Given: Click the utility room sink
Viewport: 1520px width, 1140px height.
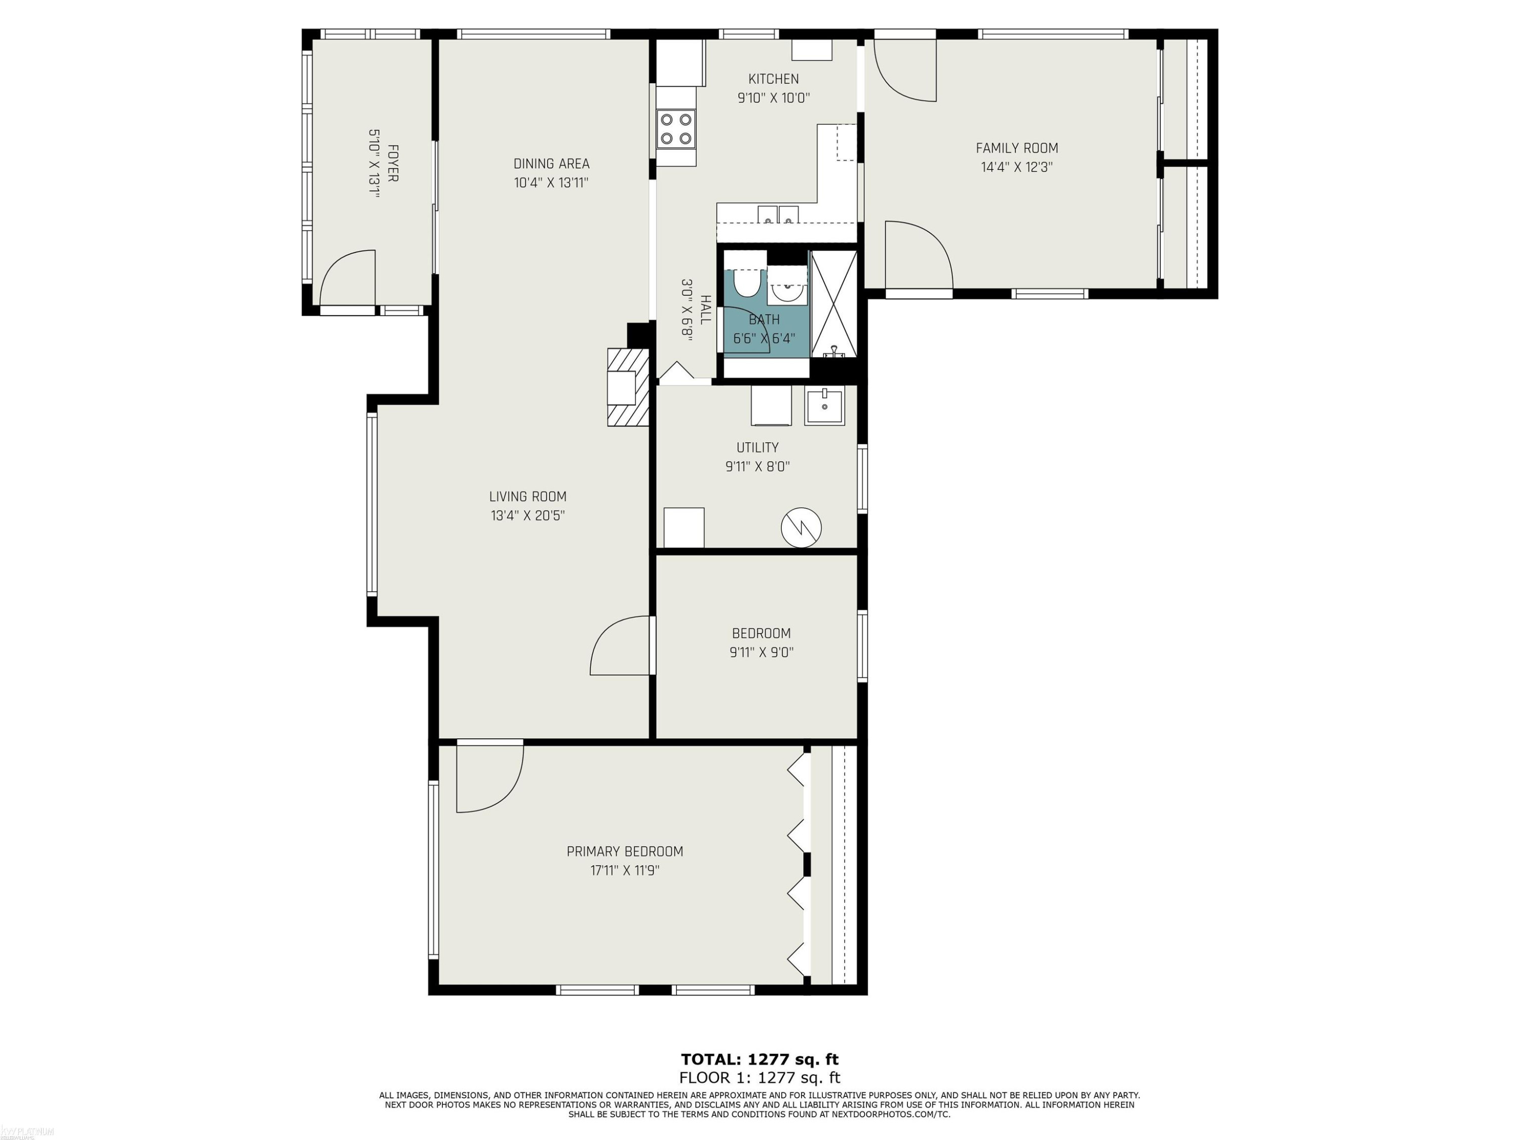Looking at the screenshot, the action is coord(824,406).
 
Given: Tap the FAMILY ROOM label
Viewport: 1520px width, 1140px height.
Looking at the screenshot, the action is coord(1017,148).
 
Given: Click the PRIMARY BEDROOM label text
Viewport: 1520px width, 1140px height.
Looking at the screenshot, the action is coord(625,851).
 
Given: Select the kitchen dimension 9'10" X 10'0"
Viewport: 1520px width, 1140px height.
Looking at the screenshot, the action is coord(774,98).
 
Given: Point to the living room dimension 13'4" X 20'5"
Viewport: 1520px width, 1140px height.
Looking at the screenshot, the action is coord(528,515).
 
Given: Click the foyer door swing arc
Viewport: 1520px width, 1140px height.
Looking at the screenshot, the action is coord(348,278).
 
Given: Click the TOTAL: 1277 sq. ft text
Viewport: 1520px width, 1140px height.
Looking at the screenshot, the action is coord(760,1059).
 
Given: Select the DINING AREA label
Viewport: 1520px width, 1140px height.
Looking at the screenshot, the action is coord(552,164).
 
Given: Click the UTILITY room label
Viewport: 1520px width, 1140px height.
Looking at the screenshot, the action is coord(758,447).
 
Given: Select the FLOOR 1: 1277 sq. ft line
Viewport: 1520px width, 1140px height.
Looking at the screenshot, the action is coord(760,1078).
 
